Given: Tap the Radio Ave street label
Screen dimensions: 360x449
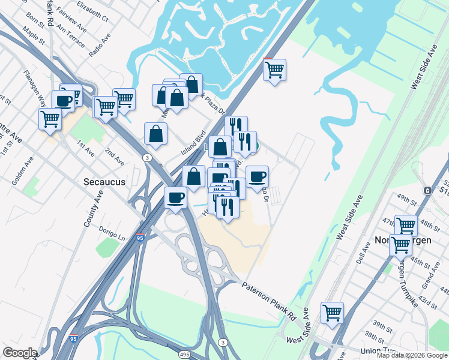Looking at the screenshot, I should (100, 44).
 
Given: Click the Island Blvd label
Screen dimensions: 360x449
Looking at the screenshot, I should (194, 142).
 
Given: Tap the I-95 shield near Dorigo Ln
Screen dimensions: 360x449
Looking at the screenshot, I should (140, 238).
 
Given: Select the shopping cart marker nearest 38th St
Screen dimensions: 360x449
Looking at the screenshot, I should (332, 313).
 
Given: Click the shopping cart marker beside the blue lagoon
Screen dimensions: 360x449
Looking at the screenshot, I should (275, 70).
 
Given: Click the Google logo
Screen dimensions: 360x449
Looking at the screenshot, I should (20, 353).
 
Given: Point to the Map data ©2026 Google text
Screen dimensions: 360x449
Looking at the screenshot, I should (412, 355).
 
